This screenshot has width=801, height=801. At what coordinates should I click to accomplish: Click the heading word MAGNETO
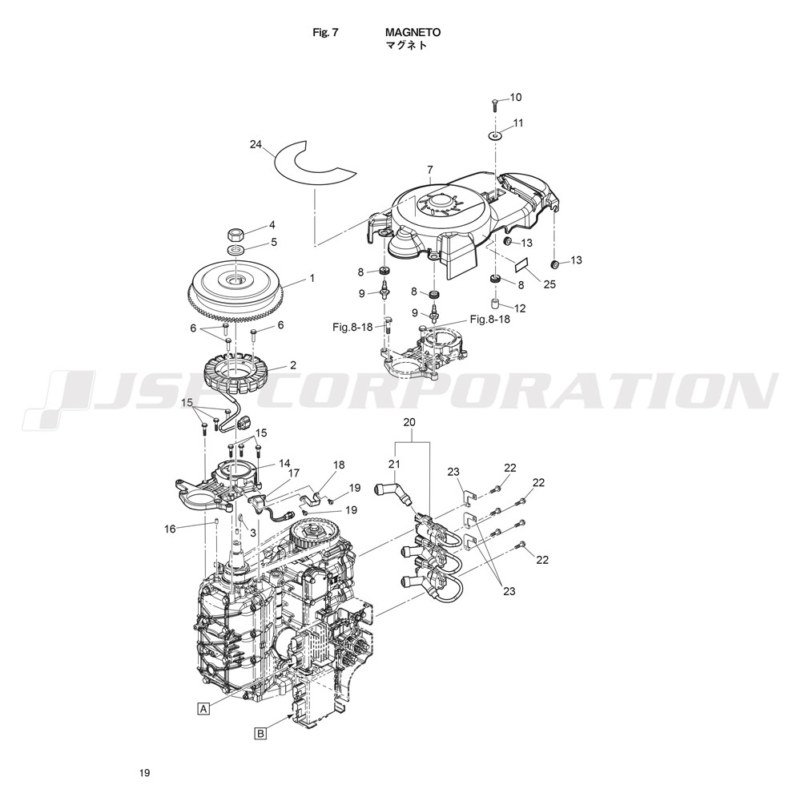[413, 32]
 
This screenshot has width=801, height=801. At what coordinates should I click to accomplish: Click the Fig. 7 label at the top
[325, 32]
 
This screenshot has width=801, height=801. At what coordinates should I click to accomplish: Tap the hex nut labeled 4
[236, 235]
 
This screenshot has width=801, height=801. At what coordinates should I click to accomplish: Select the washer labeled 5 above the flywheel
[236, 250]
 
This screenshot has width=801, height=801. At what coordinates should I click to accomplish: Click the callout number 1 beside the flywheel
[312, 279]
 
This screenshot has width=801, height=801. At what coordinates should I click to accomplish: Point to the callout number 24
[256, 144]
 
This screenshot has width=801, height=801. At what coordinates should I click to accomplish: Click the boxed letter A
[203, 709]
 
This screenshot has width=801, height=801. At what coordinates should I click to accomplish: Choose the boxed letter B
[260, 734]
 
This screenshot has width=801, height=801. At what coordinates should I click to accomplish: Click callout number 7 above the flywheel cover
[429, 169]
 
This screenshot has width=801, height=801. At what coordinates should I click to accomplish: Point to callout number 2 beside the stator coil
[292, 365]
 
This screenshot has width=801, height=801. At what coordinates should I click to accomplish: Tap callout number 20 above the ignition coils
[409, 422]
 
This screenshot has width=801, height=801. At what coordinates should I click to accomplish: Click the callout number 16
[170, 529]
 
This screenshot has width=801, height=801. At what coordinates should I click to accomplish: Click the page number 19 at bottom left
[144, 773]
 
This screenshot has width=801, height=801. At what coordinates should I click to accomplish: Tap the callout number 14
[284, 464]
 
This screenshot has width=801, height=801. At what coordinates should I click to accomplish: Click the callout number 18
[339, 465]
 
